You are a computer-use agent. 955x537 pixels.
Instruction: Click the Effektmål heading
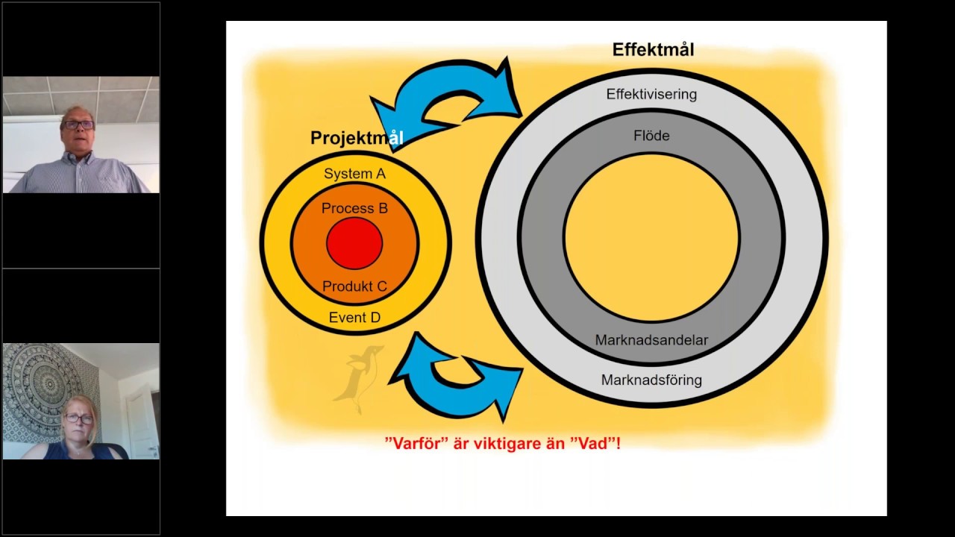[653, 49]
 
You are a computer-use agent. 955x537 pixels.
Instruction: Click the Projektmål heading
[357, 138]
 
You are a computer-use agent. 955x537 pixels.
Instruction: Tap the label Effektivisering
[651, 94]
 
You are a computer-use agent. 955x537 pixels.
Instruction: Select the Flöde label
[651, 136]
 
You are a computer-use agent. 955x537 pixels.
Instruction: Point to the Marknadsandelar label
[651, 340]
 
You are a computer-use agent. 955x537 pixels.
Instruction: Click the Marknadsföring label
[651, 380]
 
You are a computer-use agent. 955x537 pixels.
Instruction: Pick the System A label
[354, 174]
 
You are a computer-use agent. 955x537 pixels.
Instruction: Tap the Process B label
[354, 208]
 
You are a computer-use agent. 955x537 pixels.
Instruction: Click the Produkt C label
[354, 286]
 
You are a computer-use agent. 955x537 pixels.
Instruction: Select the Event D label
[354, 318]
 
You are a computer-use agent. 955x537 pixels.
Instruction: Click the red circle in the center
[354, 243]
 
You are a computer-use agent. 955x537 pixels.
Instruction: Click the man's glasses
[78, 125]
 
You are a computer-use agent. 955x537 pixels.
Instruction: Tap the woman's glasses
[78, 419]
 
